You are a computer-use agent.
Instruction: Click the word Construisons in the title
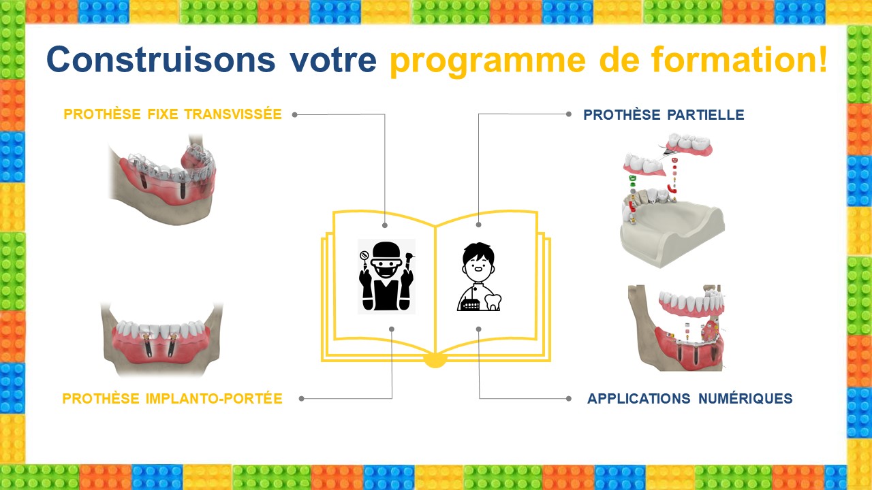point(161,59)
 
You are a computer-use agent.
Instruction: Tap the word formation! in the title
point(739,59)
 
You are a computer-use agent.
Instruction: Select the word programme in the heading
point(488,62)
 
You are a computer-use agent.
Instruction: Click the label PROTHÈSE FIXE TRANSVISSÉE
point(172,114)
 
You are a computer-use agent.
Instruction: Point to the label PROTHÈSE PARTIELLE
point(664,115)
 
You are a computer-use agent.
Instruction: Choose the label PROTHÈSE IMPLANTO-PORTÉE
point(172,399)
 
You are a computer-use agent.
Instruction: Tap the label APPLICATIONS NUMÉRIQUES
point(690,399)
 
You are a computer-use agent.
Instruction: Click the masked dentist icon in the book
point(386,276)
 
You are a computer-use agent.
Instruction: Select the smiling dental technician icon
point(479,276)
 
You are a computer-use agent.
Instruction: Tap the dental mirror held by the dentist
point(364,257)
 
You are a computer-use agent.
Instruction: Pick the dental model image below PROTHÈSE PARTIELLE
point(672,201)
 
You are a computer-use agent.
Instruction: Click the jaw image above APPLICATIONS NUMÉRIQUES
point(676,328)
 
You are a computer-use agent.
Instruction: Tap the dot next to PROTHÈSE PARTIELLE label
point(569,114)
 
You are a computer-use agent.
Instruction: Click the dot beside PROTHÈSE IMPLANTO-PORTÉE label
point(301,399)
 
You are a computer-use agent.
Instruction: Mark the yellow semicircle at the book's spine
point(435,361)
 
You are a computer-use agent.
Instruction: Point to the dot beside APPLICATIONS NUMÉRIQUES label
point(569,399)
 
